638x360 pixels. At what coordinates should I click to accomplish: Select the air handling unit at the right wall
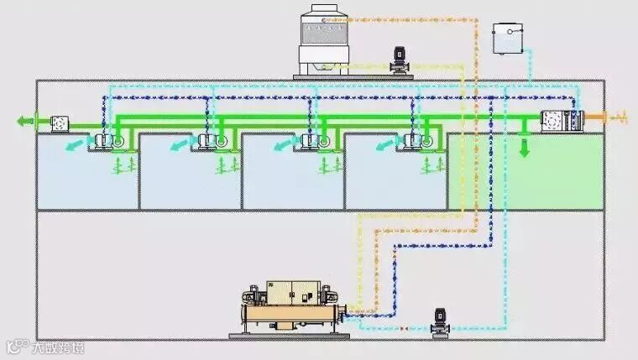tap(557, 122)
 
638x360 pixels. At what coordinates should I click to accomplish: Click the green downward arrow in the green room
tap(525, 149)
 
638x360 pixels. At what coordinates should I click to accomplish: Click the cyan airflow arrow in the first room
tap(77, 146)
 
